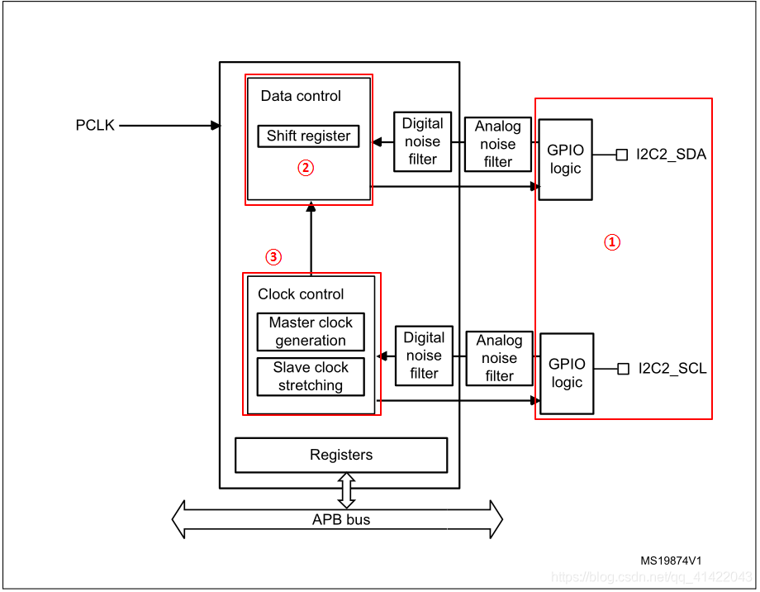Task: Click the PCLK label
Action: [95, 126]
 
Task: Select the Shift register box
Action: [308, 136]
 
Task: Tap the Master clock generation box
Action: [311, 332]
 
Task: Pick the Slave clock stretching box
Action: [311, 376]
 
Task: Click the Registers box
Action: [341, 455]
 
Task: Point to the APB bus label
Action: [341, 520]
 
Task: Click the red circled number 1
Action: [612, 242]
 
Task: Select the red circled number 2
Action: [306, 168]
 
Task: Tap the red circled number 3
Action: [273, 257]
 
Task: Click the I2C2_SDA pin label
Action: [671, 155]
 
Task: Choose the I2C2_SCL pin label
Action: [672, 369]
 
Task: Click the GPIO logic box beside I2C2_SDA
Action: [565, 160]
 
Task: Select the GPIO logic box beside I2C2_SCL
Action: [567, 373]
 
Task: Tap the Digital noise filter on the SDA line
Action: [423, 141]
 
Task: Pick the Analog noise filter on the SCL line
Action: [499, 358]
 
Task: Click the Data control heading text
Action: [301, 96]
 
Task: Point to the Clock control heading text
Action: [301, 294]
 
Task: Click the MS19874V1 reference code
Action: [676, 560]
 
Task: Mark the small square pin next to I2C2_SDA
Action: [622, 155]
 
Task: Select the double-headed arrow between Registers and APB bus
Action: [346, 490]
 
